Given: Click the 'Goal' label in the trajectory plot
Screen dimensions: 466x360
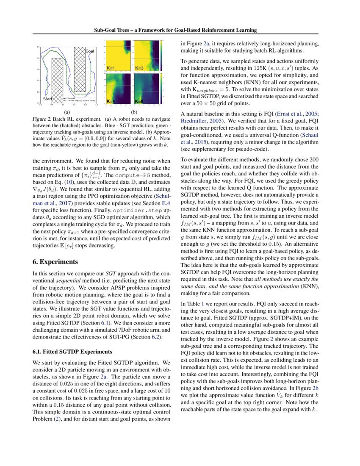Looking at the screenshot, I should tap(90, 51).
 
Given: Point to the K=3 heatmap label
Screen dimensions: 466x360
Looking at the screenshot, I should tap(140, 68).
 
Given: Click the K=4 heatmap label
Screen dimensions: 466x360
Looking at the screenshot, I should tap(111, 101).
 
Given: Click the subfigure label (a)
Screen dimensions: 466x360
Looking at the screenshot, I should tap(66, 113).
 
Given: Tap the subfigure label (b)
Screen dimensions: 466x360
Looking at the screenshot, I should tap(135, 113).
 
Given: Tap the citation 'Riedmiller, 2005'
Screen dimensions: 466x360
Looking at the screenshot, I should tap(198, 121).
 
